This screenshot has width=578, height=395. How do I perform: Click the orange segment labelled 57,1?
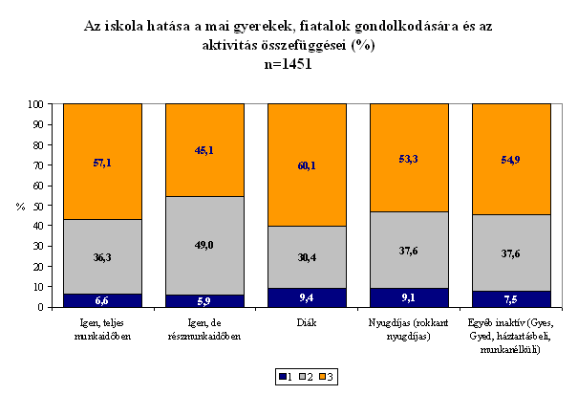click(102, 162)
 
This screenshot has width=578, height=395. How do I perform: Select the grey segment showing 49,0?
click(204, 246)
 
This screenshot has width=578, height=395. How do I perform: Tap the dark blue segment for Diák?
click(307, 297)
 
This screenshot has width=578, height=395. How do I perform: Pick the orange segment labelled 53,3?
click(409, 158)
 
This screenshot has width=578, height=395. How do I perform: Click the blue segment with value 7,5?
click(512, 299)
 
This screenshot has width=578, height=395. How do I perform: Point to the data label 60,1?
click(307, 165)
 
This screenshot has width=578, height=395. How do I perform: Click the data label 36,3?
click(102, 257)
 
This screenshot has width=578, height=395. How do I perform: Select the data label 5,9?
click(204, 301)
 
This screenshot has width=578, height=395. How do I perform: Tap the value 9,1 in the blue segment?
click(409, 297)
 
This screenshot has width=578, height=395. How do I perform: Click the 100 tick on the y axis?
click(35, 104)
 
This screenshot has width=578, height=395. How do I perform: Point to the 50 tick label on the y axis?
click(38, 206)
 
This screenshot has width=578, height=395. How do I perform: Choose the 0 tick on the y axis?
click(40, 307)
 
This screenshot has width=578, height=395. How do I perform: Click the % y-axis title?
click(21, 207)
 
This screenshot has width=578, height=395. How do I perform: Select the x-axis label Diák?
click(307, 322)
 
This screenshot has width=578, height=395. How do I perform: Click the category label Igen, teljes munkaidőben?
click(102, 329)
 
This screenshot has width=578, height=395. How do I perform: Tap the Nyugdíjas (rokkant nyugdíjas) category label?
click(409, 329)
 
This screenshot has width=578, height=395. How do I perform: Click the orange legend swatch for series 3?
click(323, 377)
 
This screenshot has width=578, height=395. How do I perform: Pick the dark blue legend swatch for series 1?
click(283, 377)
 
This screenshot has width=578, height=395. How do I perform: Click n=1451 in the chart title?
click(289, 64)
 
